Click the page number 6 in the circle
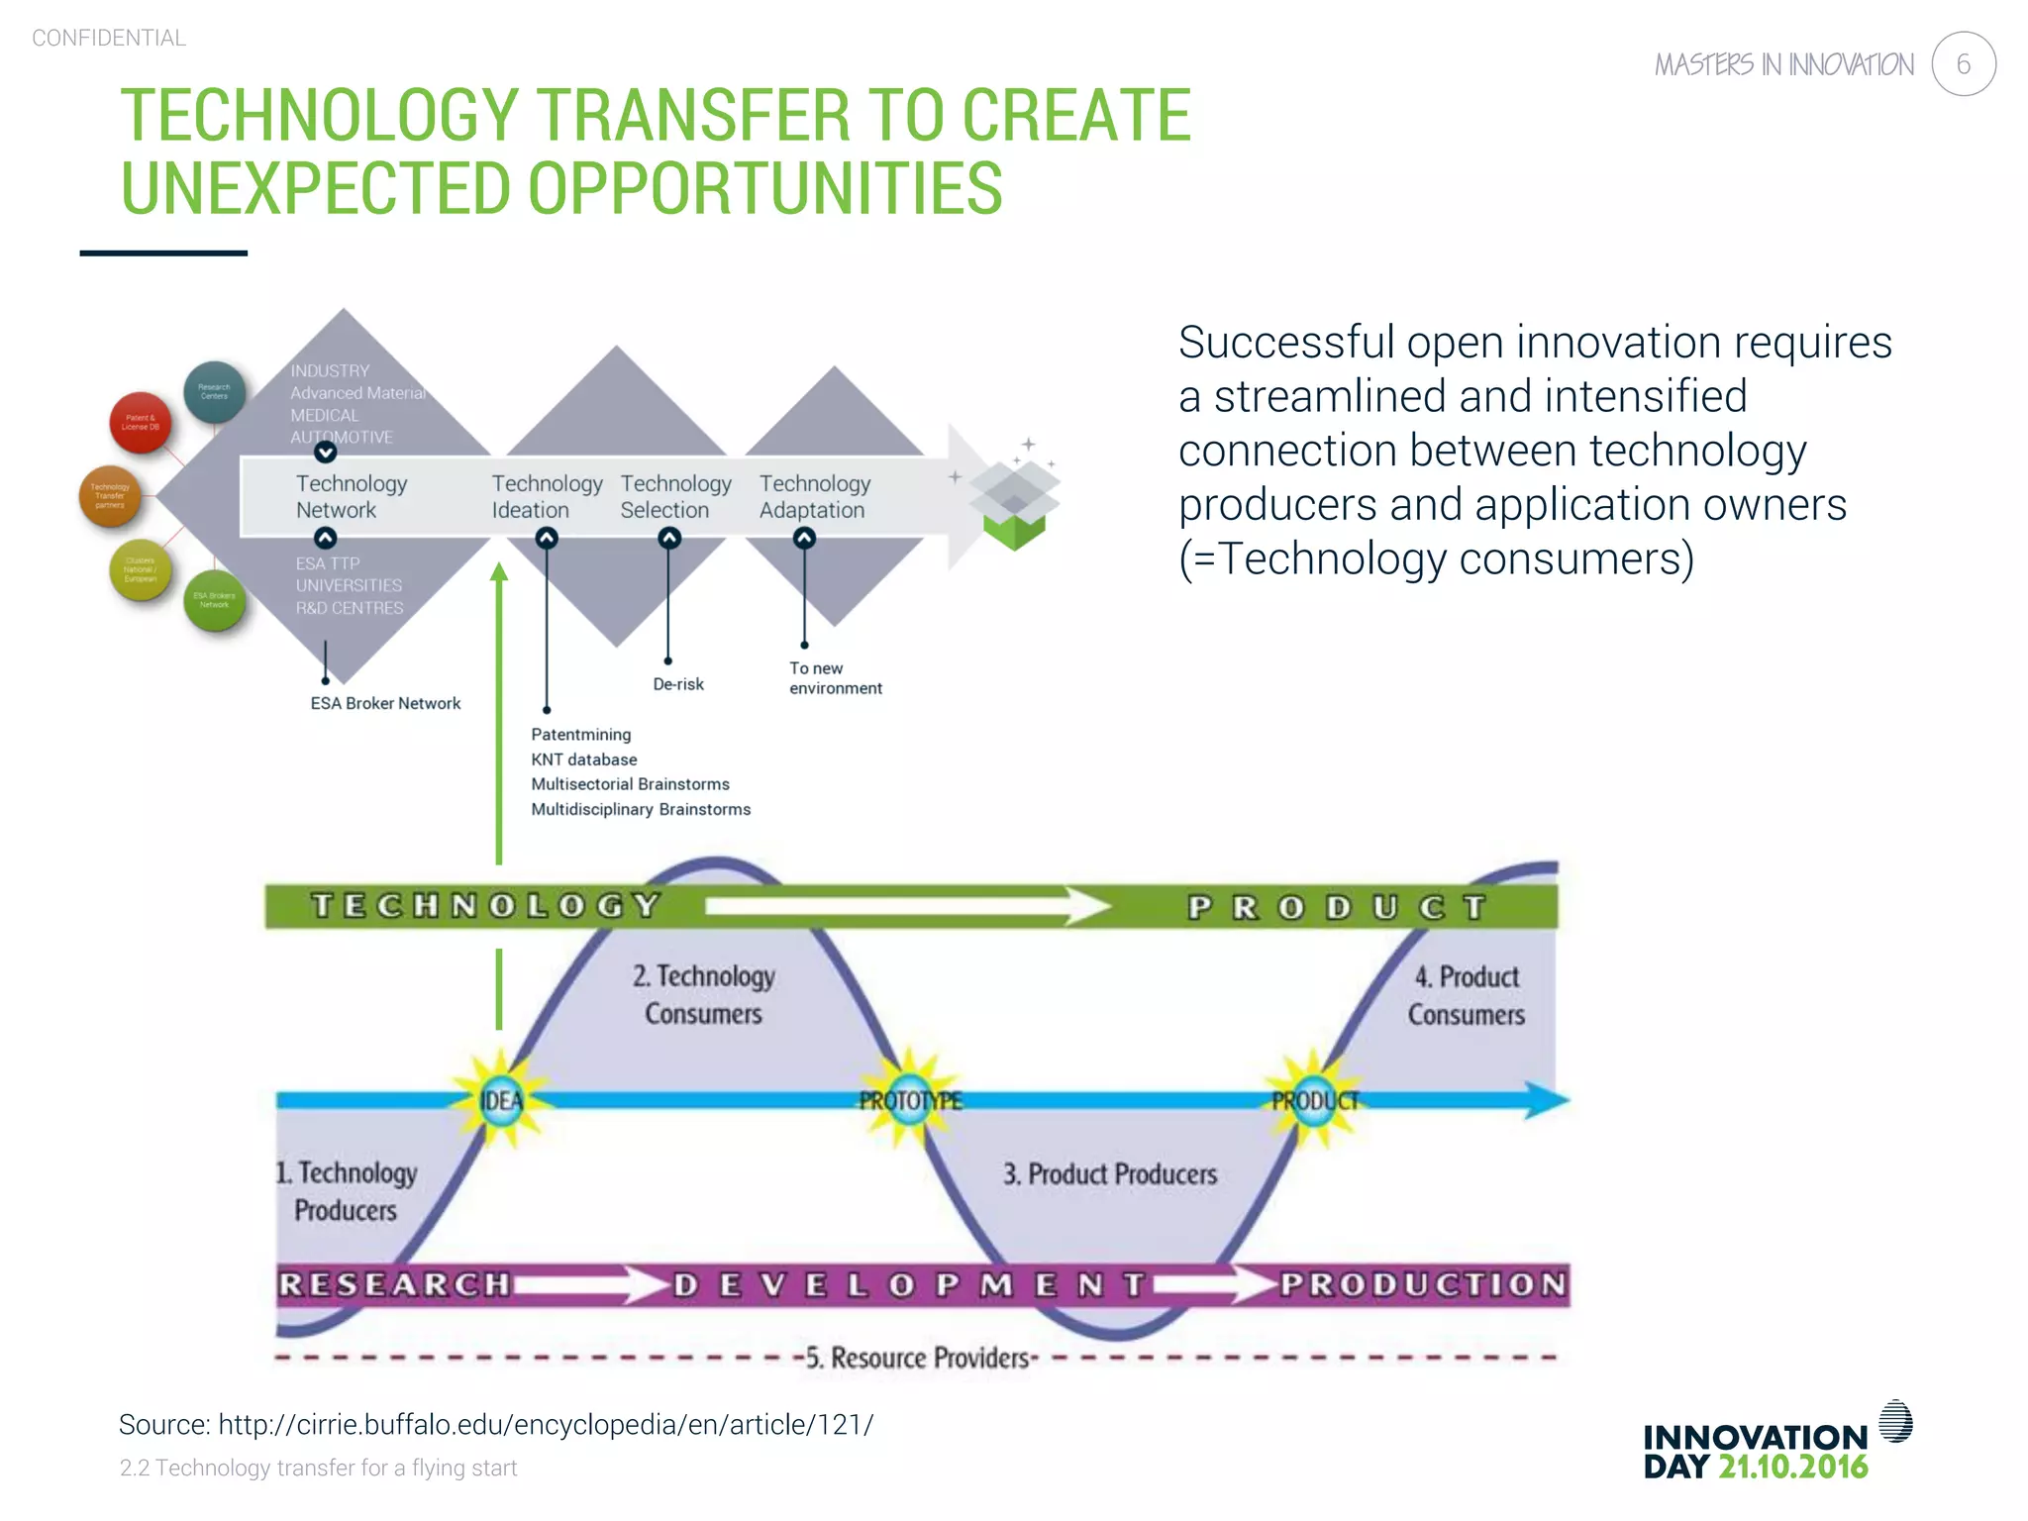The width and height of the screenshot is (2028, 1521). pyautogui.click(x=1963, y=64)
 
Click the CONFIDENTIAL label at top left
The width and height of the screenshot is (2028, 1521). pyautogui.click(x=109, y=38)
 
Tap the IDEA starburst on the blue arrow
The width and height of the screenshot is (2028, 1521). pyautogui.click(x=501, y=1100)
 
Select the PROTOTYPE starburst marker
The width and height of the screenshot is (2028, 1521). pyautogui.click(x=910, y=1100)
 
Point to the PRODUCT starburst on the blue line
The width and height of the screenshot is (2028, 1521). pyautogui.click(x=1314, y=1100)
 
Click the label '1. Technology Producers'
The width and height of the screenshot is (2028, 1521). pyautogui.click(x=347, y=1191)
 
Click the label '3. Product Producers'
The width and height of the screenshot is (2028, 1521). pyautogui.click(x=1109, y=1174)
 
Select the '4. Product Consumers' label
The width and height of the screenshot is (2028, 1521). pyautogui.click(x=1467, y=995)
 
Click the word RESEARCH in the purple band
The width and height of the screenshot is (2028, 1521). pyautogui.click(x=393, y=1284)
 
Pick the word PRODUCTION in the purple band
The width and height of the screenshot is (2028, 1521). pyautogui.click(x=1423, y=1284)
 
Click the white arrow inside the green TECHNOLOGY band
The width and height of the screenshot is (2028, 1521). pyautogui.click(x=906, y=905)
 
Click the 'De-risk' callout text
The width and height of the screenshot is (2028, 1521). pyautogui.click(x=678, y=684)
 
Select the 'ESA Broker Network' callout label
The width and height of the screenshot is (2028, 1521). pyautogui.click(x=385, y=703)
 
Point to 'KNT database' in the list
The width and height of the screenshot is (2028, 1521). pyautogui.click(x=583, y=760)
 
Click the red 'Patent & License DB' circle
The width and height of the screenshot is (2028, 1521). pyautogui.click(x=141, y=423)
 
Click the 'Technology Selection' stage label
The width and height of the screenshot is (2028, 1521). pyautogui.click(x=675, y=496)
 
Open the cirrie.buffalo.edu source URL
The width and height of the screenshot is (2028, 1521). pyautogui.click(x=546, y=1424)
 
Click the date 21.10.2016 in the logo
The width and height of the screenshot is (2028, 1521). pyautogui.click(x=1792, y=1467)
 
